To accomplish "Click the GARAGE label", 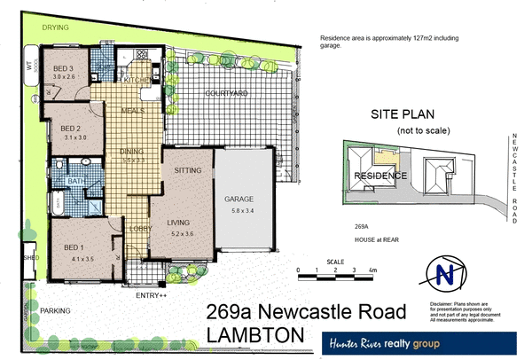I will coord(240,200).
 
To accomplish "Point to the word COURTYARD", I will coord(226,92).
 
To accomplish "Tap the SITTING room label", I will coord(187,168).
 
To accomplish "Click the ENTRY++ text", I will coord(150,294).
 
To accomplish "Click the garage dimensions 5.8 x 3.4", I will coord(240,210).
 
